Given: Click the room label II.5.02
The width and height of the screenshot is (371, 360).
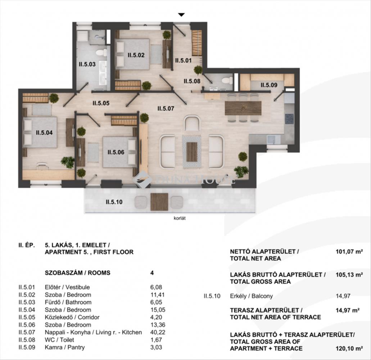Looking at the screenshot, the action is pos(136,55).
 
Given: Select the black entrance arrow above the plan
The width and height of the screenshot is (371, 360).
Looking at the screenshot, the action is pos(181,15).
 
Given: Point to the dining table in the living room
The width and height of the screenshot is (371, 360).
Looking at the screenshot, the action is pos(243,108).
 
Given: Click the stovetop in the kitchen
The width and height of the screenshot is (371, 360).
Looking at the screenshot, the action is pos(289,119).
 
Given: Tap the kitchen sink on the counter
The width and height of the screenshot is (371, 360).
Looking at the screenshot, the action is pos(273,140).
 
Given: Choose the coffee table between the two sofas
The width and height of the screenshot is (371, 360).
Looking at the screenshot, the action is pos(192,152).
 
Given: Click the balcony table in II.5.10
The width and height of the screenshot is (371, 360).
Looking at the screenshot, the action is pos(159,202).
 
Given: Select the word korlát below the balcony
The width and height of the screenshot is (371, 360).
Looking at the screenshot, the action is pos(180,218).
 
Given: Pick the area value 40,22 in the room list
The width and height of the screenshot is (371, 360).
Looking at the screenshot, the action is pos(158,332).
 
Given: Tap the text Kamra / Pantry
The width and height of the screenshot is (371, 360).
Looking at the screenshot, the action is pos(65,347).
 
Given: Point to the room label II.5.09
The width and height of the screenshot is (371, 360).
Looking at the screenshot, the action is pos(269,85).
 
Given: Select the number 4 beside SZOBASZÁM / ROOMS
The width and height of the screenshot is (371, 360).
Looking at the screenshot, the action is pos(152,273).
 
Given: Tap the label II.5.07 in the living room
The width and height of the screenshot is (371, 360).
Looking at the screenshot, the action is pos(166,109).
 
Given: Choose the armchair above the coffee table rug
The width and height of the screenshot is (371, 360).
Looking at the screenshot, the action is pos(192,123).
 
